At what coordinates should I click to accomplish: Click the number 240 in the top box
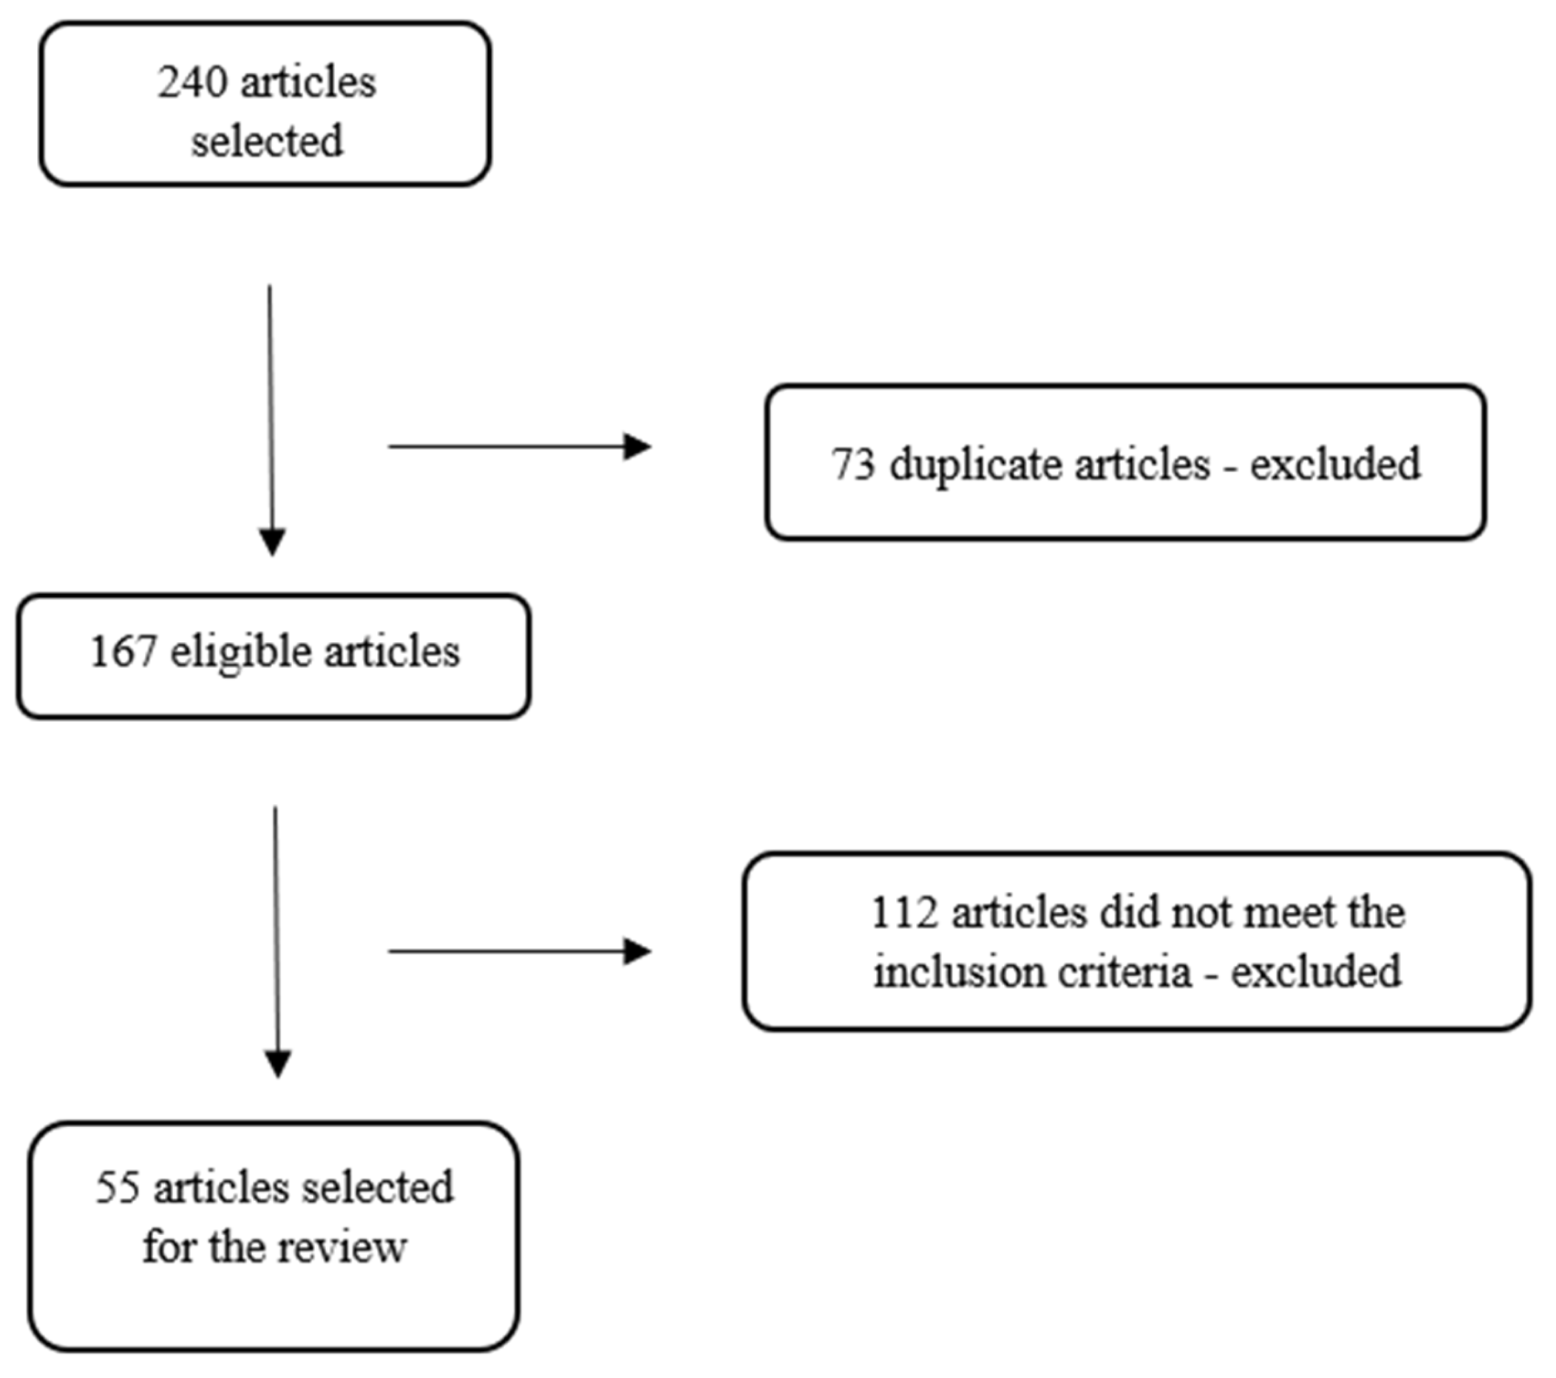pyautogui.click(x=192, y=82)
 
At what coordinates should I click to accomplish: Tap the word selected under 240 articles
pyautogui.click(x=267, y=142)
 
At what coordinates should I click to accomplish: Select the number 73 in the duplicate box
pyautogui.click(x=852, y=464)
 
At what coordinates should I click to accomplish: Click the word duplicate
pyautogui.click(x=974, y=465)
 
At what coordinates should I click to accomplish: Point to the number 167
pyautogui.click(x=123, y=652)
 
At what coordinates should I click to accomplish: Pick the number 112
pyautogui.click(x=904, y=912)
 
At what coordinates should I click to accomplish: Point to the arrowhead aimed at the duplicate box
pyautogui.click(x=637, y=446)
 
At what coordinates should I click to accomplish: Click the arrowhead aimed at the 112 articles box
pyautogui.click(x=637, y=952)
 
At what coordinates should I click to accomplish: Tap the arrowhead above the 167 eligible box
pyautogui.click(x=273, y=542)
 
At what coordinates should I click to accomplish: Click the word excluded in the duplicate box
pyautogui.click(x=1335, y=464)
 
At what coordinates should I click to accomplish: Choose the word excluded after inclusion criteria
pyautogui.click(x=1316, y=972)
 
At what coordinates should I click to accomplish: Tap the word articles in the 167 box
pyautogui.click(x=392, y=652)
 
